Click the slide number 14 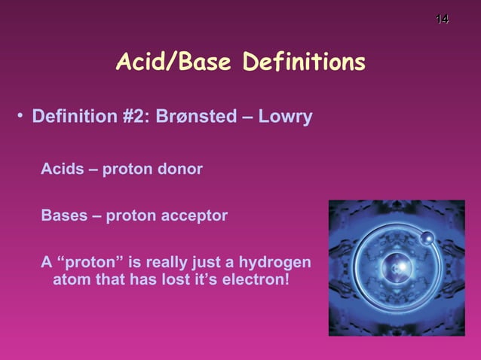click(x=443, y=18)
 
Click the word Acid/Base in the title click(x=174, y=63)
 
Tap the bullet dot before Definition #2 click(x=21, y=118)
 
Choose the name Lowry click(x=285, y=118)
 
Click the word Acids click(x=62, y=169)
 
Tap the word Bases click(x=64, y=216)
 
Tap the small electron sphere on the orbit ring click(x=427, y=239)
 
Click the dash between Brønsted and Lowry click(x=247, y=118)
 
